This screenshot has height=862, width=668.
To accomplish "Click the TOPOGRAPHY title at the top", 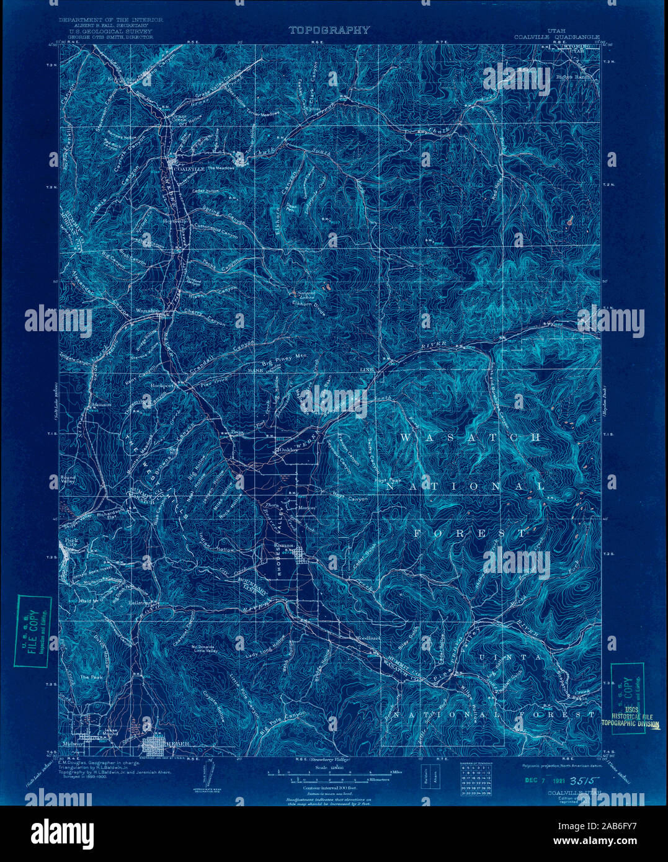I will coord(329,30).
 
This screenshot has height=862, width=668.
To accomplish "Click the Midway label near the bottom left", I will coord(73,743).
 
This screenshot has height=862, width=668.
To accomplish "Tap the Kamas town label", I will coord(284,545).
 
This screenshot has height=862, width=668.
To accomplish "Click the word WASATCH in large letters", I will coord(471,438).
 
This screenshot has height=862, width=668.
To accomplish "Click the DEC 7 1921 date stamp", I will coord(535,781).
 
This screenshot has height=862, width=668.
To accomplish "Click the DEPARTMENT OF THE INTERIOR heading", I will coord(111,20).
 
